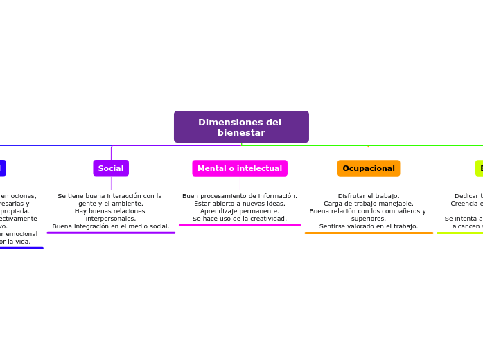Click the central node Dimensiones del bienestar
tap(240, 127)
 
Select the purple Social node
tap(111, 168)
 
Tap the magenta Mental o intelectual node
tap(240, 168)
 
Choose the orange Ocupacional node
tap(369, 168)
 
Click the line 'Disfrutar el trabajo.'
tap(369, 196)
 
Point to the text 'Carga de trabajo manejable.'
tap(369, 204)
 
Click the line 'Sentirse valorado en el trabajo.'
tap(369, 226)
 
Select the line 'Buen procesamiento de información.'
tap(240, 196)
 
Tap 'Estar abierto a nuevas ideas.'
tap(240, 204)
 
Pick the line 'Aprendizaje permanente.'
tap(240, 211)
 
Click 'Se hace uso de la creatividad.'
tap(240, 219)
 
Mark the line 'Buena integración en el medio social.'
tap(111, 226)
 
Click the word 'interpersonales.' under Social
tap(111, 219)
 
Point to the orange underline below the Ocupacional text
tap(369, 233)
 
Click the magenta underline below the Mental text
tap(240, 225)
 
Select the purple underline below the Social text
tap(111, 233)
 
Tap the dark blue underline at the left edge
tap(21, 248)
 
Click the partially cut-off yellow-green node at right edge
tap(479, 168)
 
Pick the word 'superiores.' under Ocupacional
tap(369, 219)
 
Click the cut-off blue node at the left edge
tap(3, 168)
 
